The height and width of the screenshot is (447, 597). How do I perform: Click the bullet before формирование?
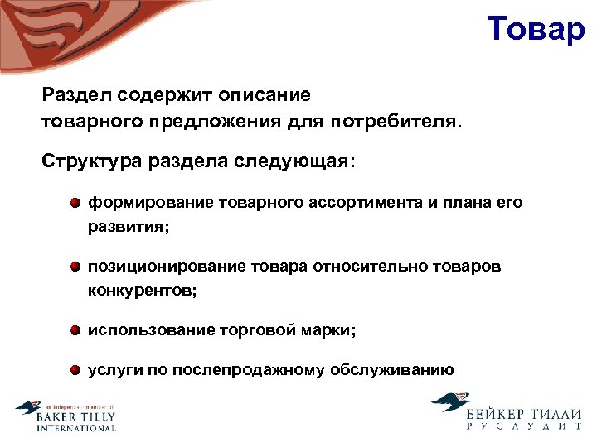click(75, 203)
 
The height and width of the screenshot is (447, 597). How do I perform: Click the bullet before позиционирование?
click(75, 267)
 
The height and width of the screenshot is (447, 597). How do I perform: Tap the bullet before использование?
click(75, 330)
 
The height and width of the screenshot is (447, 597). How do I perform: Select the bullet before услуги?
click(75, 369)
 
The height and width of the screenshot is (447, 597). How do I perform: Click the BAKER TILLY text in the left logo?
click(75, 418)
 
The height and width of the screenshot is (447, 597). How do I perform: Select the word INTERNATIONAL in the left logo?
click(75, 429)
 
